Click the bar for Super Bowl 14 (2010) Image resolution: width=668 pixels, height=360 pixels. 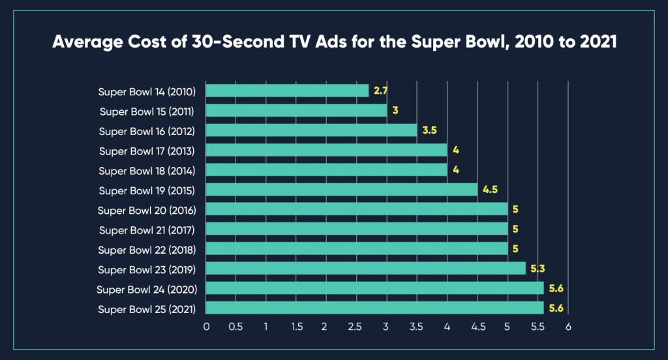[x=288, y=91]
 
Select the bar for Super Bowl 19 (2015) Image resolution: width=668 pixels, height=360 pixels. [x=342, y=190]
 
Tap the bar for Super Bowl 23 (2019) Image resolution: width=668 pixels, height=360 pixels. [x=366, y=269]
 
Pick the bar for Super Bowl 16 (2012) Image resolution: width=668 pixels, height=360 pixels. [x=312, y=130]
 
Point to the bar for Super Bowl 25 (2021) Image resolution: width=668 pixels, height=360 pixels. [x=375, y=308]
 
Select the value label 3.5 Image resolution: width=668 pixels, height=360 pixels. [x=429, y=130]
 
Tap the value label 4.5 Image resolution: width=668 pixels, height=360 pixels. [x=490, y=190]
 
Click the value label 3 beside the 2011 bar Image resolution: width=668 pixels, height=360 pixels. [x=395, y=111]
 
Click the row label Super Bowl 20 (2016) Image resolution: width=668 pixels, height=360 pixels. [x=147, y=210]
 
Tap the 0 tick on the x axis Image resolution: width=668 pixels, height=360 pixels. [x=206, y=327]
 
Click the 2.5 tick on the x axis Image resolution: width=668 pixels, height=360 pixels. [x=357, y=327]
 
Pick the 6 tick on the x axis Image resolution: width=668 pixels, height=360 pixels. [x=568, y=327]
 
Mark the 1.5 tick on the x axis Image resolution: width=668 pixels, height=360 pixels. [x=296, y=327]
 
